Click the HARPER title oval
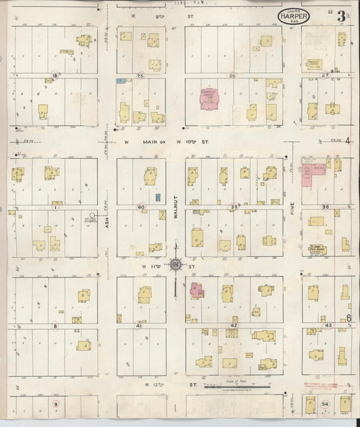[294, 16]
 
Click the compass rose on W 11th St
[175, 264]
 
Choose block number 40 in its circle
[141, 207]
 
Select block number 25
[140, 76]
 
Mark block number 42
[234, 326]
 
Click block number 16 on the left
[55, 76]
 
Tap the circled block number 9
[56, 404]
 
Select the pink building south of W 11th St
[197, 291]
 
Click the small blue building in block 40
[157, 197]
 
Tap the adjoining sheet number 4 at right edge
[348, 141]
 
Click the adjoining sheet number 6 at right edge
[349, 318]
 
